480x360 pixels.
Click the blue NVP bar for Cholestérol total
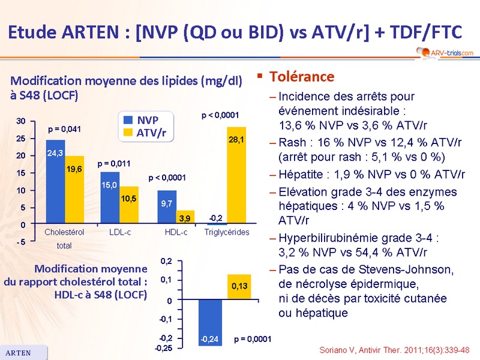[x=55, y=182]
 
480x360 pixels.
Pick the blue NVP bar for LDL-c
[x=110, y=198]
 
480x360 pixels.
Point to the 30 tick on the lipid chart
[x=21, y=121]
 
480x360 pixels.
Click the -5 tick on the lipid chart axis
[x=20, y=242]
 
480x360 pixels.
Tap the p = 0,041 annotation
[x=64, y=129]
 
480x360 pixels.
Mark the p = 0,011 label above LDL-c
[x=114, y=163]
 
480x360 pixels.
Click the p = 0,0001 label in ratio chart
[x=253, y=339]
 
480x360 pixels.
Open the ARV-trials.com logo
[x=443, y=53]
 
